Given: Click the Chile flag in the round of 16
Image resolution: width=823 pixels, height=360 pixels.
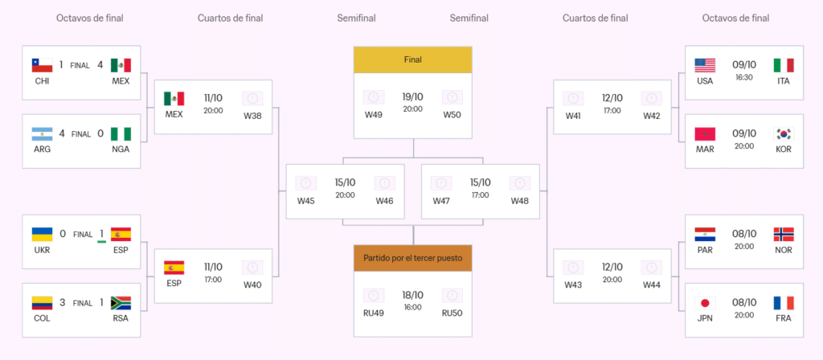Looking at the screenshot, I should [x=42, y=65].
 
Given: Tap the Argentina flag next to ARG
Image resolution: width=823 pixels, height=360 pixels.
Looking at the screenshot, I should [x=42, y=133].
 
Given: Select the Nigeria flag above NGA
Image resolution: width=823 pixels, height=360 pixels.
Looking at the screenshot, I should [x=121, y=133].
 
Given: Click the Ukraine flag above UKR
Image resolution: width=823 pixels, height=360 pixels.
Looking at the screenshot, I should [x=42, y=234].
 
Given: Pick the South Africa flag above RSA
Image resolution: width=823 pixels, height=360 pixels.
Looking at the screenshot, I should [x=121, y=303].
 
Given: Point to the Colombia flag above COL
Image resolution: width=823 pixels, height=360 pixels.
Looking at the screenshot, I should [x=42, y=303].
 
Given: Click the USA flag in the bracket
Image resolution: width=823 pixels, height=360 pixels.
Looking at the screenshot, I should [x=705, y=65].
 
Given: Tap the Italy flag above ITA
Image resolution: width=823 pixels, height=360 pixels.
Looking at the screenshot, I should [x=784, y=65].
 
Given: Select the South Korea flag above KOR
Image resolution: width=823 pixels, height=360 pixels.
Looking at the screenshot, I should [x=784, y=133].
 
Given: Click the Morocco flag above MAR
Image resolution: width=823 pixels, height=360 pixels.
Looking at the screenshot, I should [x=705, y=133].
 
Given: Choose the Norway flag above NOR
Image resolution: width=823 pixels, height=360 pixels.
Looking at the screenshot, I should [x=784, y=234].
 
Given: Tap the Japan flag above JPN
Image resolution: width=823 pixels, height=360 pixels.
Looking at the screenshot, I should [x=705, y=303].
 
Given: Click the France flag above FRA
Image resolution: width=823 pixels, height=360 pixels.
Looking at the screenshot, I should [x=784, y=303].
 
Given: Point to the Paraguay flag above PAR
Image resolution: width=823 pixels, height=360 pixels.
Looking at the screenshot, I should [x=705, y=234].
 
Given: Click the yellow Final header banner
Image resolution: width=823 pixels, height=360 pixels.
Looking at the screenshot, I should [x=412, y=59].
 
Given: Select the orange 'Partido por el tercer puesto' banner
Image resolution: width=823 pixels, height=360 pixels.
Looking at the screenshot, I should [x=412, y=258].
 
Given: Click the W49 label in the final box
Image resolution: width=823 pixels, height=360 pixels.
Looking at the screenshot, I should [x=373, y=115].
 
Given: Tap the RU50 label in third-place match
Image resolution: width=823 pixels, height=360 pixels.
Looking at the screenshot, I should [x=452, y=313].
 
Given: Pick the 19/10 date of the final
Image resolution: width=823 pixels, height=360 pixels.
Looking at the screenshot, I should [x=412, y=96].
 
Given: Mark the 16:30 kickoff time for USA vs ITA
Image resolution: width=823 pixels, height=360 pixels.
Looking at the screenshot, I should [x=744, y=78].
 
